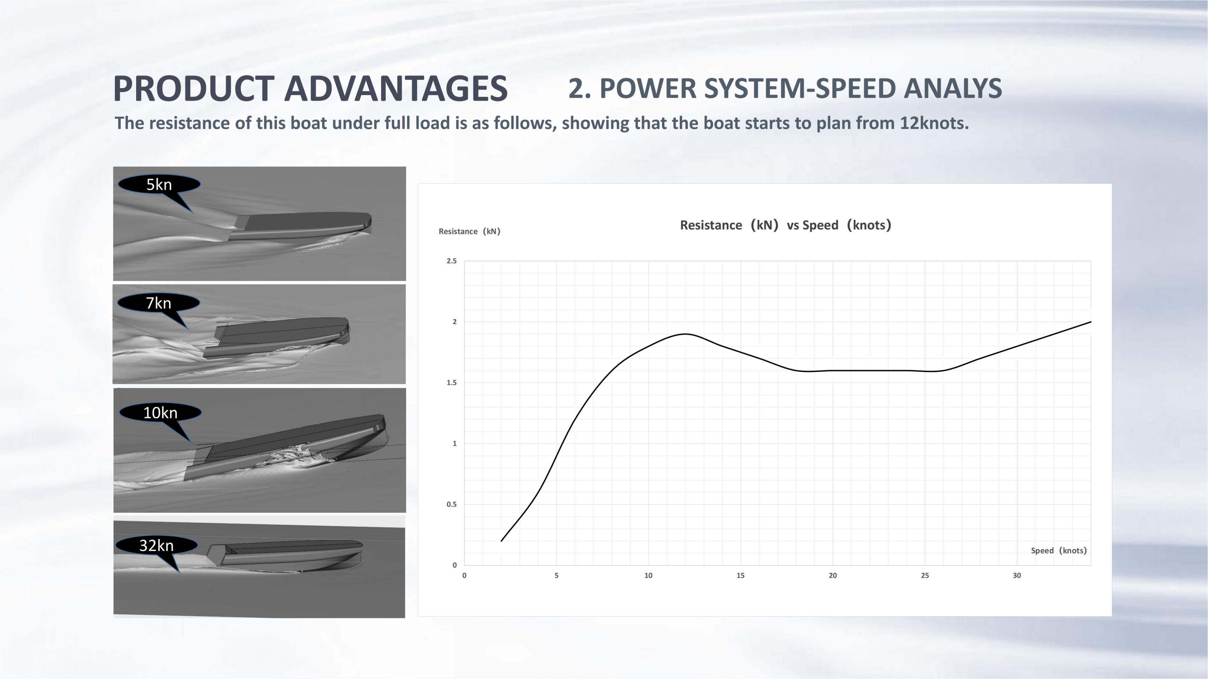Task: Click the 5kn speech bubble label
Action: pyautogui.click(x=159, y=184)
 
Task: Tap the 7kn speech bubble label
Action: pyautogui.click(x=159, y=303)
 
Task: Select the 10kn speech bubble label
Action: pyautogui.click(x=160, y=412)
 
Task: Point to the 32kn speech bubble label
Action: pyautogui.click(x=156, y=545)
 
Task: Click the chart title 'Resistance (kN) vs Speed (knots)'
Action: pyautogui.click(x=786, y=225)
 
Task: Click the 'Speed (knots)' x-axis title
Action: pyautogui.click(x=1059, y=551)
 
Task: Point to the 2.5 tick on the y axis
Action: pyautogui.click(x=452, y=261)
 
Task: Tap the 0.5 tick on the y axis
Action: pyautogui.click(x=452, y=505)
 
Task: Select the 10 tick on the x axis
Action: pyautogui.click(x=648, y=576)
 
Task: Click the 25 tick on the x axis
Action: pyautogui.click(x=925, y=576)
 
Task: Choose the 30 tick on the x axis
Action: pyautogui.click(x=1017, y=576)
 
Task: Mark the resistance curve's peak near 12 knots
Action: pyautogui.click(x=685, y=334)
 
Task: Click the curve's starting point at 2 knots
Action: pyautogui.click(x=502, y=541)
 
